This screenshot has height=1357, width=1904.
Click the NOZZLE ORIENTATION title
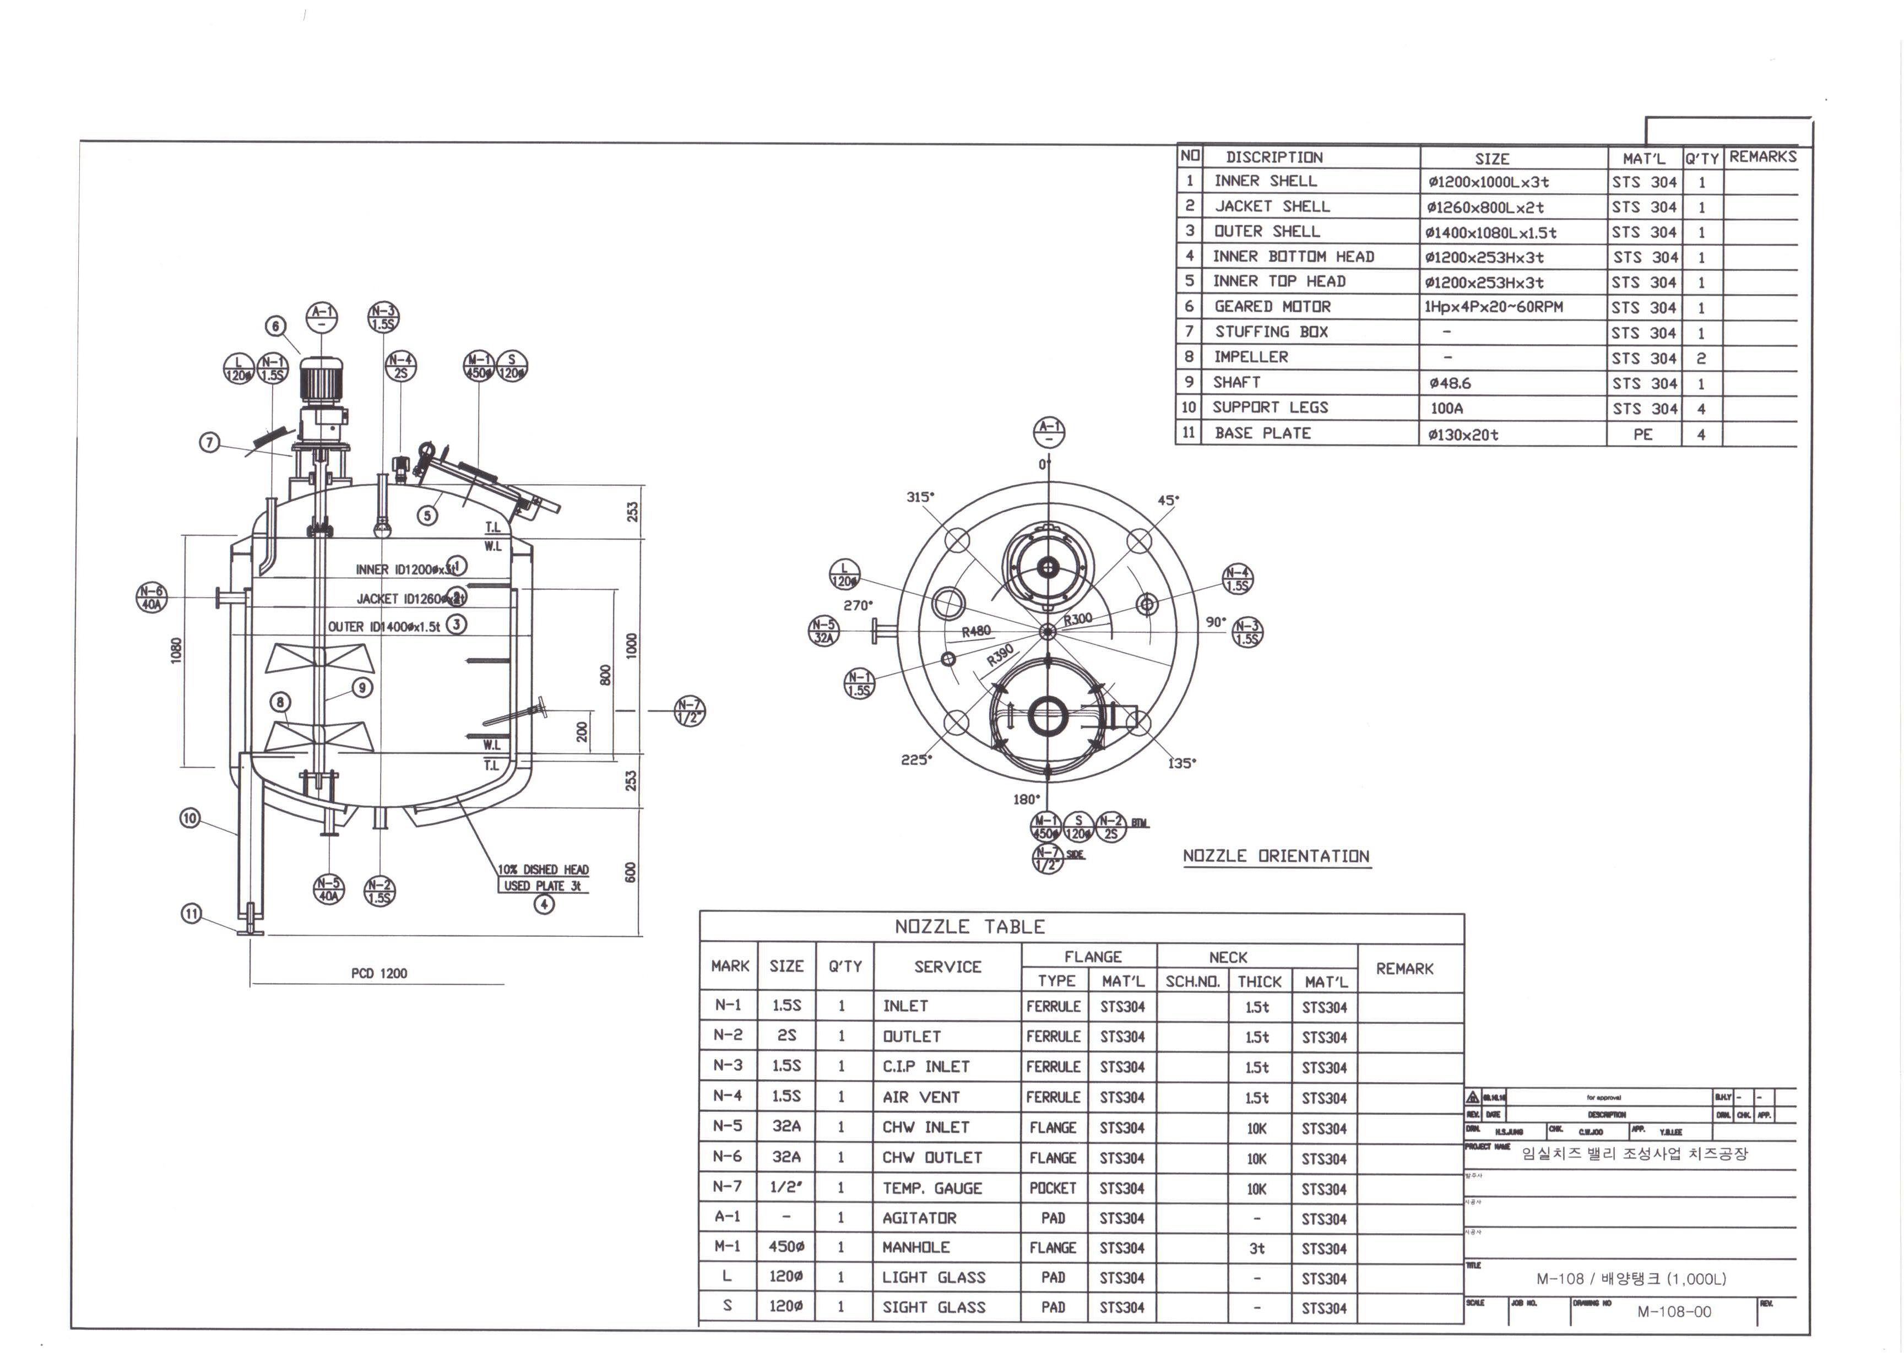1276,856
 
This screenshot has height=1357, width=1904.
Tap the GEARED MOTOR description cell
1272,307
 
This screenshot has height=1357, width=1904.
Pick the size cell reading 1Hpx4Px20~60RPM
1493,307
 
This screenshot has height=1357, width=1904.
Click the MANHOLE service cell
916,1247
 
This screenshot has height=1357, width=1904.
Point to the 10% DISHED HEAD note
543,869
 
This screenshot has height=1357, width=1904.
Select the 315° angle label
920,496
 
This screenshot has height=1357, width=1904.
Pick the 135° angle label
1181,763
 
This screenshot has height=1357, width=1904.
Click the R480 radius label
976,632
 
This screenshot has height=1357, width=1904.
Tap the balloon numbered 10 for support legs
191,817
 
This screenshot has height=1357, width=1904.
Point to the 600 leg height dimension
631,871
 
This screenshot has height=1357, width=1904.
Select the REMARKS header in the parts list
1762,156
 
